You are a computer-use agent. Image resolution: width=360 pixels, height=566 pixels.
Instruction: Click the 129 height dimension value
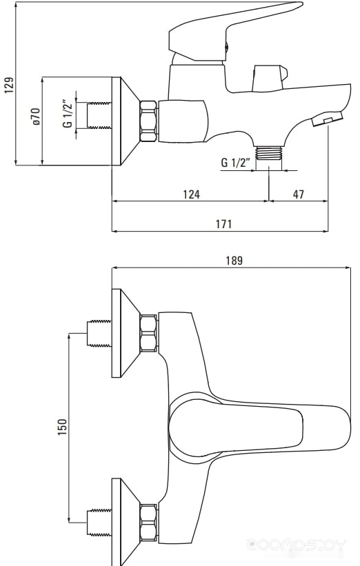click(10, 85)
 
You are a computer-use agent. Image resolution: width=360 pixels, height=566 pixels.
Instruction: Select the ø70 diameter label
click(36, 117)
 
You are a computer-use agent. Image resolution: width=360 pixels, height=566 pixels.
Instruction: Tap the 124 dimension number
click(191, 194)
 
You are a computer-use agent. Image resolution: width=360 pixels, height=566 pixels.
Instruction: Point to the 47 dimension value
click(298, 194)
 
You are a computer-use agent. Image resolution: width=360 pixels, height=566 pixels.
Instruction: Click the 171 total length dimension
click(223, 224)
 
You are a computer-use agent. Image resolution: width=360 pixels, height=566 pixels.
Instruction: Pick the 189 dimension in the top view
click(234, 261)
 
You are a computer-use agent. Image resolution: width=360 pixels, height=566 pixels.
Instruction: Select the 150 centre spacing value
click(63, 427)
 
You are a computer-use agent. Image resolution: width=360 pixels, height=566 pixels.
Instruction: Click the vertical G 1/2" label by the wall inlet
click(68, 114)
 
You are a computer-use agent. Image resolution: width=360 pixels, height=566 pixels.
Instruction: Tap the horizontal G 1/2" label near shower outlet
click(235, 163)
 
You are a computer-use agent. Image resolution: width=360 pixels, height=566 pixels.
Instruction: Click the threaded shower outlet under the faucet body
click(269, 152)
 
